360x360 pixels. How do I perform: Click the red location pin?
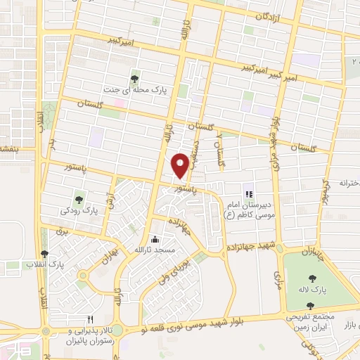pyautogui.click(x=181, y=165)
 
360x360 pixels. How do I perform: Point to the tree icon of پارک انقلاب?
pyautogui.click(x=45, y=254)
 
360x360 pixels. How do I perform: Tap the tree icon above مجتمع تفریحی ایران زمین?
pyautogui.click(x=310, y=306)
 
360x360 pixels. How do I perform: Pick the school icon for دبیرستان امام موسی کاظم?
pyautogui.click(x=247, y=194)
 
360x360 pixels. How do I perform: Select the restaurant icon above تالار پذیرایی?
pyautogui.click(x=89, y=319)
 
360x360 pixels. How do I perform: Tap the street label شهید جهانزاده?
pyautogui.click(x=254, y=247)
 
